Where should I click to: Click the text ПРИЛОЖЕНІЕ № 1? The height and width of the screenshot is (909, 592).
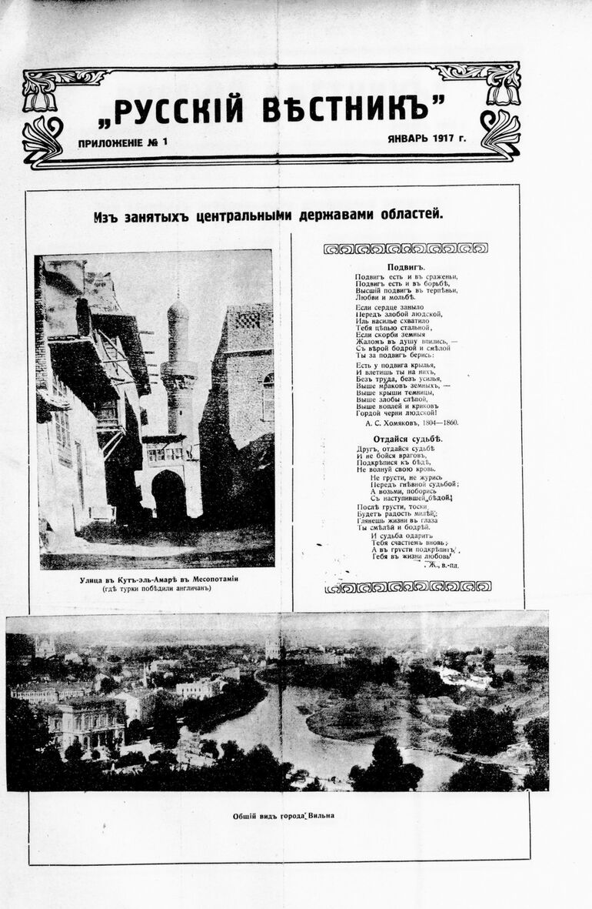pyautogui.click(x=122, y=142)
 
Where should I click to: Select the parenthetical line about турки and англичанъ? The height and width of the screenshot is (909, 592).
pyautogui.click(x=155, y=590)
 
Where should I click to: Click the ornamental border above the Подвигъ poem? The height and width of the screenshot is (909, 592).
pyautogui.click(x=405, y=248)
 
